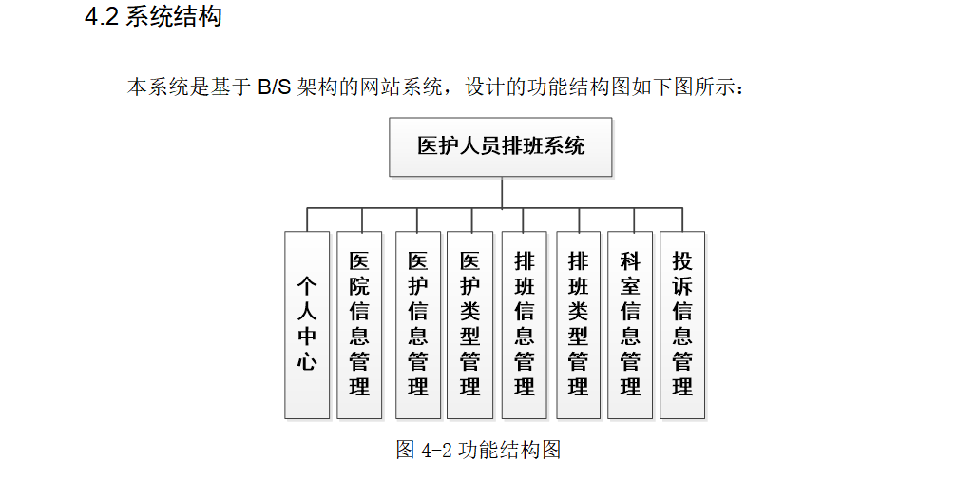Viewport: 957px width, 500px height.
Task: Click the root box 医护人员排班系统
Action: [501, 146]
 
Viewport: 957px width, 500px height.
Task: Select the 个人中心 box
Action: [307, 324]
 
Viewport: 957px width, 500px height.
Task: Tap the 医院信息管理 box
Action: [359, 324]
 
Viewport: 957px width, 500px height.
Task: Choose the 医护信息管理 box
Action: [418, 324]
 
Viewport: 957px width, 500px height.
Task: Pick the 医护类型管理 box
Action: [469, 324]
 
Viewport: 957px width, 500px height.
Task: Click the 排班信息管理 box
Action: [525, 324]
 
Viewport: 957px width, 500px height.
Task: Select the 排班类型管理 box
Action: [578, 324]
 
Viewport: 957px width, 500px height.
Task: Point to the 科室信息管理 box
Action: [630, 324]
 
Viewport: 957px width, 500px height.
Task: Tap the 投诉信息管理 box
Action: [682, 324]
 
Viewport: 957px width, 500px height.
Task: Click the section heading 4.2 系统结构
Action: [153, 17]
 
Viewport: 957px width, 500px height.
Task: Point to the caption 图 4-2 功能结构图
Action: [478, 450]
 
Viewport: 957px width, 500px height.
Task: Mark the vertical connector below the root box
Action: [502, 192]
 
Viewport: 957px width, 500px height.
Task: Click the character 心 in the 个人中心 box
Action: [307, 361]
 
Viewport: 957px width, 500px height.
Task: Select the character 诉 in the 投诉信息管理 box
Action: [682, 285]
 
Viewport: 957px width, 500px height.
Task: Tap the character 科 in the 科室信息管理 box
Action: [630, 260]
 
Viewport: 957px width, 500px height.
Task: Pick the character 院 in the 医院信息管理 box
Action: [359, 285]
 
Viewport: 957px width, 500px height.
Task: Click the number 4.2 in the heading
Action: [101, 17]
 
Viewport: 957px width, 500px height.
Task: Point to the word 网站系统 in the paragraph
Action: [409, 88]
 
